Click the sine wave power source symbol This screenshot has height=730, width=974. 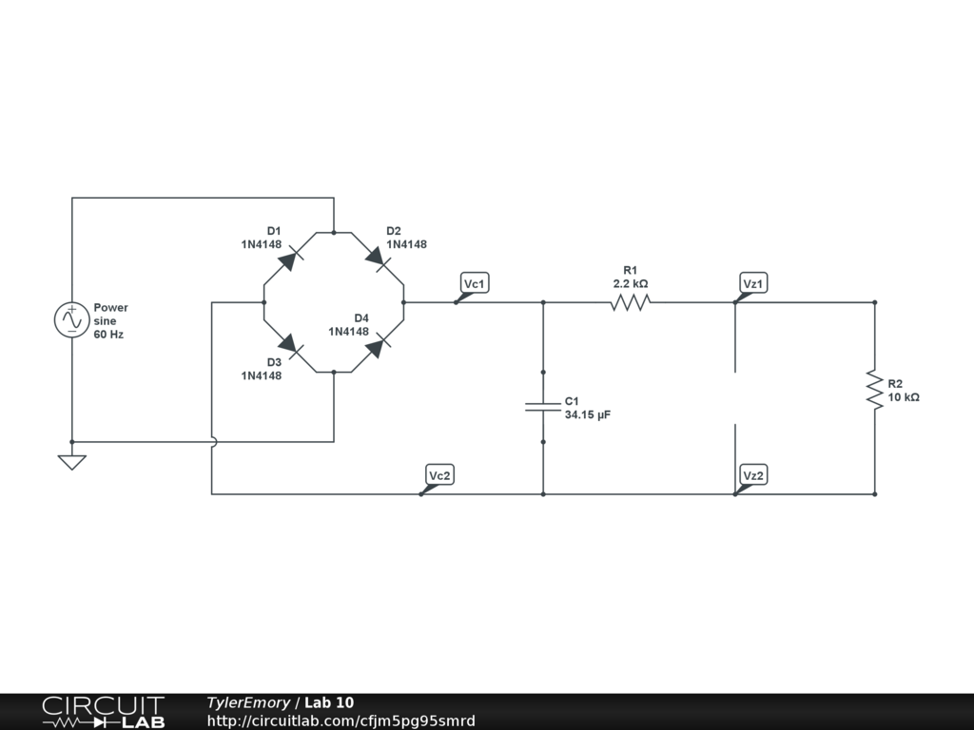pyautogui.click(x=71, y=320)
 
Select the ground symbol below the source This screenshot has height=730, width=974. pyautogui.click(x=71, y=462)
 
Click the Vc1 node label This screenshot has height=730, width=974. pyautogui.click(x=475, y=284)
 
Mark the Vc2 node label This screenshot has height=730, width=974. pyautogui.click(x=439, y=475)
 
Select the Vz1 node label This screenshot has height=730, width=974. pyautogui.click(x=753, y=284)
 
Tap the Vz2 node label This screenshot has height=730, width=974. pyautogui.click(x=753, y=475)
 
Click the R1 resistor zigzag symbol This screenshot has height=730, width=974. pyautogui.click(x=630, y=302)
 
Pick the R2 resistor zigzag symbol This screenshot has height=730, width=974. pyautogui.click(x=873, y=390)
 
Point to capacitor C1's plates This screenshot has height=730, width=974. pyautogui.click(x=543, y=407)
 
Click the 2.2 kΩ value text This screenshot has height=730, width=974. pyautogui.click(x=630, y=283)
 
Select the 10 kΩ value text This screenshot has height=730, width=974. pyautogui.click(x=904, y=397)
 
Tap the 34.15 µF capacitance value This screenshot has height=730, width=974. pyautogui.click(x=586, y=415)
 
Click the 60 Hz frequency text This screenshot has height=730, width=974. pyautogui.click(x=108, y=336)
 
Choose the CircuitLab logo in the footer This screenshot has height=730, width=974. pyautogui.click(x=103, y=712)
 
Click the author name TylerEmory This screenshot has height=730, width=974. pyautogui.click(x=248, y=702)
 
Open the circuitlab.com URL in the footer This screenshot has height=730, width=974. pyautogui.click(x=341, y=720)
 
